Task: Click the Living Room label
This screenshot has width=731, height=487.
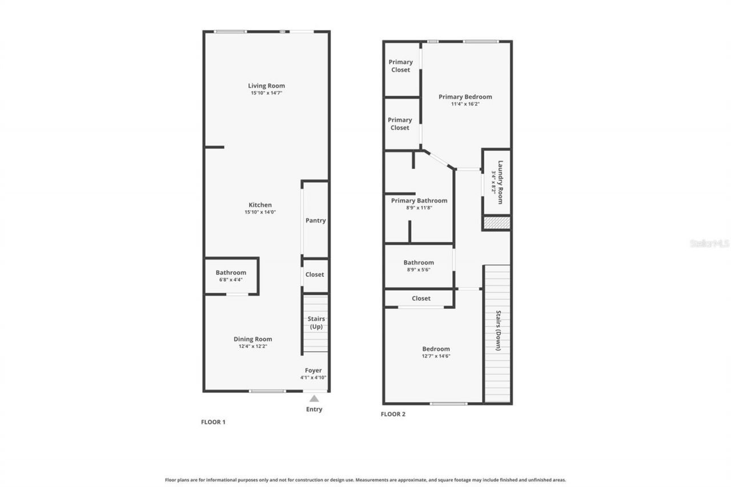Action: coord(266,86)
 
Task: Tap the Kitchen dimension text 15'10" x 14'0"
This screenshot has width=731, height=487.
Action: coord(260,212)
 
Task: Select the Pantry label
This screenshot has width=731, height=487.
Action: coord(315,220)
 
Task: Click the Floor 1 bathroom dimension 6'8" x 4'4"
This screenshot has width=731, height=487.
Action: coord(231,280)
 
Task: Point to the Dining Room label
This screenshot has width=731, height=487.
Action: coord(252,339)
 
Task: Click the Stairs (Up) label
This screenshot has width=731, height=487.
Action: coord(317,323)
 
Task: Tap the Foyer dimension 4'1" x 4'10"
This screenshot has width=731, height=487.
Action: coord(314,377)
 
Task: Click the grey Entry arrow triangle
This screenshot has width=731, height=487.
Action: coord(314,399)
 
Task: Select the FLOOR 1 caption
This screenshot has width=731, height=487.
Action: coord(213,422)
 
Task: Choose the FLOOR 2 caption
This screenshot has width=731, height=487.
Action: coord(393,414)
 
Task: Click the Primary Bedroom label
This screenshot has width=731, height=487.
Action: coord(465,96)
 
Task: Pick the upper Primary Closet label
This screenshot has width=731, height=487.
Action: coord(400,66)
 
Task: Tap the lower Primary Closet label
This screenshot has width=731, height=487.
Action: coord(400,123)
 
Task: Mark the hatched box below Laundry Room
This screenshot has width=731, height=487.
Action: coord(497,223)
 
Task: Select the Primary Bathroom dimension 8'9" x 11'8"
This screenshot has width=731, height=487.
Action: coord(419,208)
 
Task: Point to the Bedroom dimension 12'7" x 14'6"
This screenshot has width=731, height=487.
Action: coord(436,356)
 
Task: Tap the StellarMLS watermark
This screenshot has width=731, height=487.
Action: coord(709,243)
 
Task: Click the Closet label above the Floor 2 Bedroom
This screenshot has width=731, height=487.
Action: coord(421,298)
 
